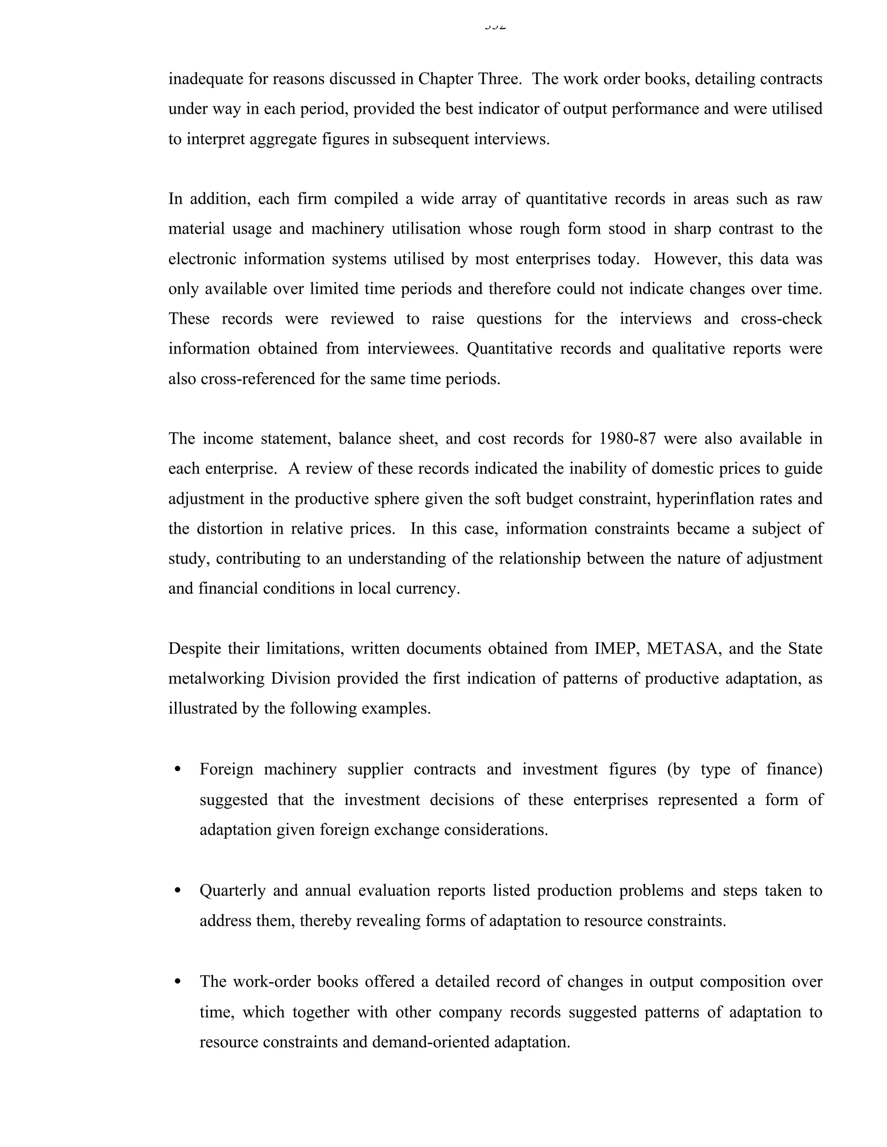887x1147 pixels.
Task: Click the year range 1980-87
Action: point(628,438)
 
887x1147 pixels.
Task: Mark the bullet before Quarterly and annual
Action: point(177,890)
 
